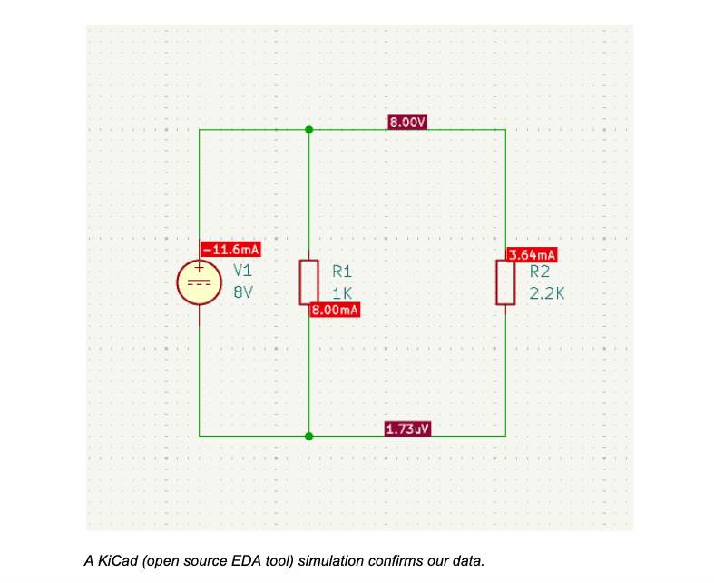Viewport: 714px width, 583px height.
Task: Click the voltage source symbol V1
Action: (199, 282)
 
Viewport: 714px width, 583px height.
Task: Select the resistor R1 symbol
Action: (309, 282)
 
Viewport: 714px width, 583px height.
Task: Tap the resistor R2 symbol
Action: (505, 282)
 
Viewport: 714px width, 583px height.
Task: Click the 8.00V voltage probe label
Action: (407, 122)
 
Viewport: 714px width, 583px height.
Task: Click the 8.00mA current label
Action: (336, 311)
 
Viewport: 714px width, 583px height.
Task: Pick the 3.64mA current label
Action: (533, 255)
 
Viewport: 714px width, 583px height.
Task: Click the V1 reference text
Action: (242, 270)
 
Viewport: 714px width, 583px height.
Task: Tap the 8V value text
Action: (242, 293)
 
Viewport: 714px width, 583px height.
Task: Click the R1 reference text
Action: (342, 271)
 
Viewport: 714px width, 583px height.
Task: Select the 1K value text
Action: (342, 293)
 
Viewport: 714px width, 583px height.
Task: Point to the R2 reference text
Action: (540, 271)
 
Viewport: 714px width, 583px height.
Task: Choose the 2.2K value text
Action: (547, 294)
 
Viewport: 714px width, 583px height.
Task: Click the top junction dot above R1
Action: (309, 130)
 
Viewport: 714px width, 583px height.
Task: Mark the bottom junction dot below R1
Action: (309, 436)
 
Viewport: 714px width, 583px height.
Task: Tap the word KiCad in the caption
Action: (113, 561)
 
